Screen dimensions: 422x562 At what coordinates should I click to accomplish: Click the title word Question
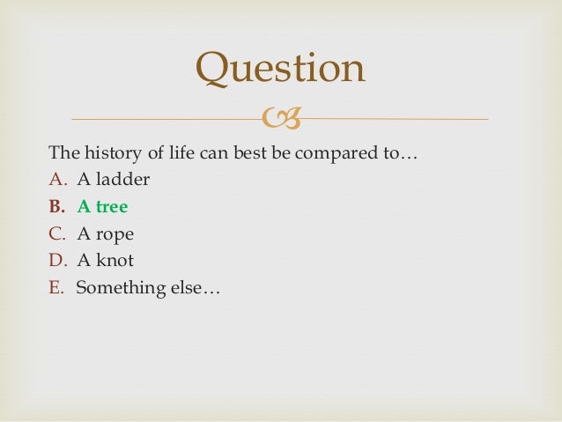pos(280,70)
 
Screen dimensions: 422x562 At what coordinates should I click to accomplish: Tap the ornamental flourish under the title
pos(280,118)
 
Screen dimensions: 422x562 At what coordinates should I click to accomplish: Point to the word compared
pos(337,154)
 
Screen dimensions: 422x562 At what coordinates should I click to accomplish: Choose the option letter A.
pos(56,181)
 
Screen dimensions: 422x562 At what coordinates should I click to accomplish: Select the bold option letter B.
pos(56,207)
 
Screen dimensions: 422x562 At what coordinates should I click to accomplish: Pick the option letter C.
pos(56,234)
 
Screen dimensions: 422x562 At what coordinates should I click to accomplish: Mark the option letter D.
pos(56,261)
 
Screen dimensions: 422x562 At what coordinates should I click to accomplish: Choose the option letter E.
pos(56,287)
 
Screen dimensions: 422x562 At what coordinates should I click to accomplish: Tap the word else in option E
pos(184,287)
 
